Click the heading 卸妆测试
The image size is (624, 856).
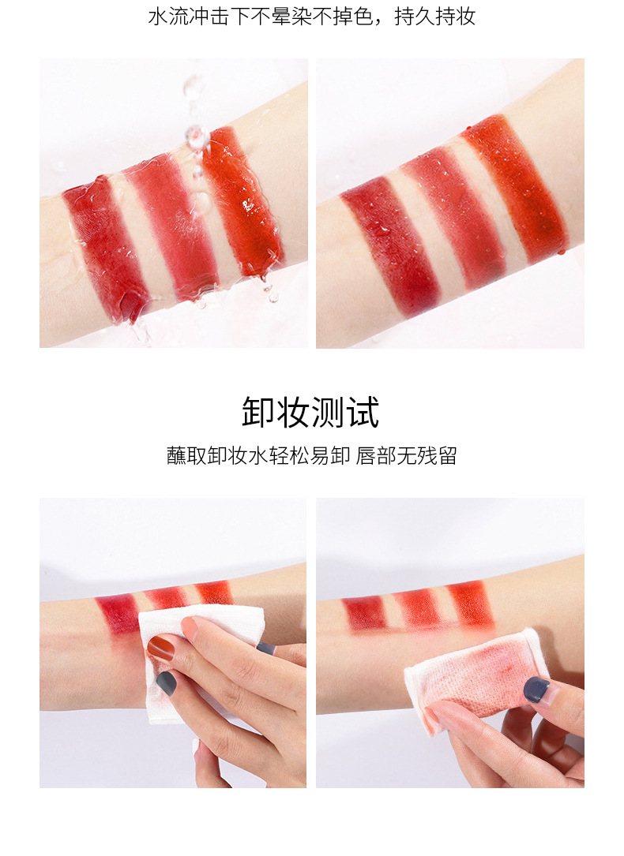[x=311, y=413]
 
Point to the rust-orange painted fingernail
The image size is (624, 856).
[x=160, y=649]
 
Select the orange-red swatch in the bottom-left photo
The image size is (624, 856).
[x=215, y=592]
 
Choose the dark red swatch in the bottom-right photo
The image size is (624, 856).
[x=363, y=612]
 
